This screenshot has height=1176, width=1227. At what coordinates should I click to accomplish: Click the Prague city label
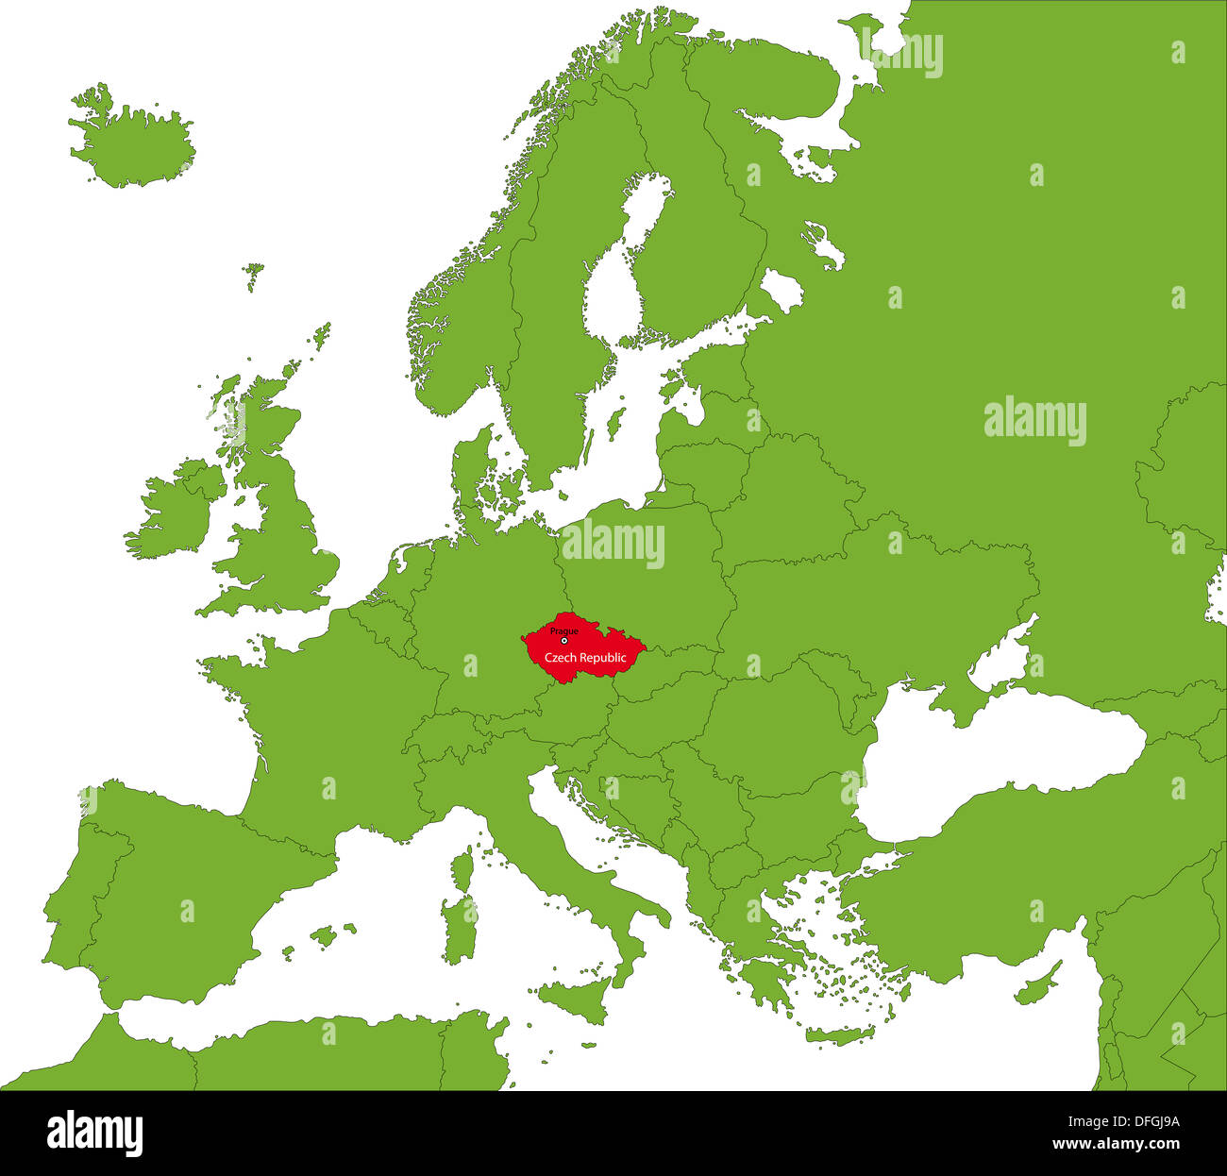pos(564,630)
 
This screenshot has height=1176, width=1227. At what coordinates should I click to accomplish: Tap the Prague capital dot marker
pos(564,641)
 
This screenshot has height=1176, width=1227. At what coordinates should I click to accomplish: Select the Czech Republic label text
pos(585,657)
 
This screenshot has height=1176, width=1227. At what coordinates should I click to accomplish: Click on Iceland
pos(132,142)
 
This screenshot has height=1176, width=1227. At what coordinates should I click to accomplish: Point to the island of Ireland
pos(170,514)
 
